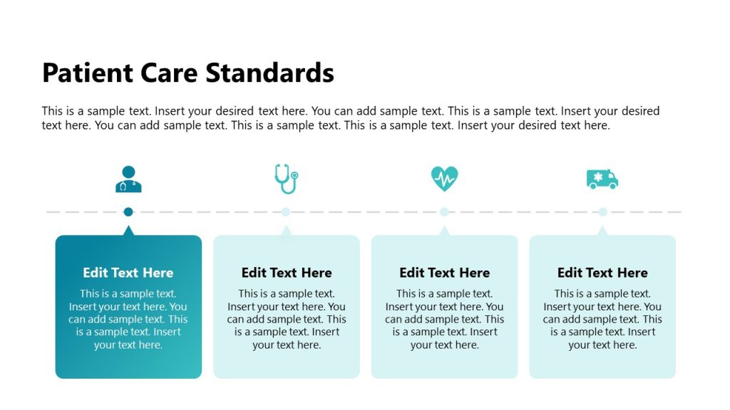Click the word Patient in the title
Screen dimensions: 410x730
point(88,73)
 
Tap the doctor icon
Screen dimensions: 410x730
point(128,179)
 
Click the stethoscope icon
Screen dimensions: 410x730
point(286,179)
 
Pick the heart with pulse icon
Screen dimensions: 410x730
point(444,179)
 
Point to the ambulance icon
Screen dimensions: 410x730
point(602,179)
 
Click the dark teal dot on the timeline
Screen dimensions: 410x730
point(128,211)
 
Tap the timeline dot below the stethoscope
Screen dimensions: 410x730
point(286,211)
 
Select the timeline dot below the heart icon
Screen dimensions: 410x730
point(444,211)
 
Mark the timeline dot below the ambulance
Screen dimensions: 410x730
point(602,211)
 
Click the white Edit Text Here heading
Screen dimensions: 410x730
point(128,273)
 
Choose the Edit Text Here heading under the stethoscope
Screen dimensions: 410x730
point(287,273)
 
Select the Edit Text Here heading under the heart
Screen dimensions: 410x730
point(444,273)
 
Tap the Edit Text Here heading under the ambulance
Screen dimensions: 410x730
point(602,273)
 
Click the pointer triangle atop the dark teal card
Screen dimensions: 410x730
point(128,231)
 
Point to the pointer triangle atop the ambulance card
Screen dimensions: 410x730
point(602,231)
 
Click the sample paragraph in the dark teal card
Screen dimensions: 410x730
point(128,319)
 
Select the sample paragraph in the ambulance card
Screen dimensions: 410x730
point(602,319)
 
